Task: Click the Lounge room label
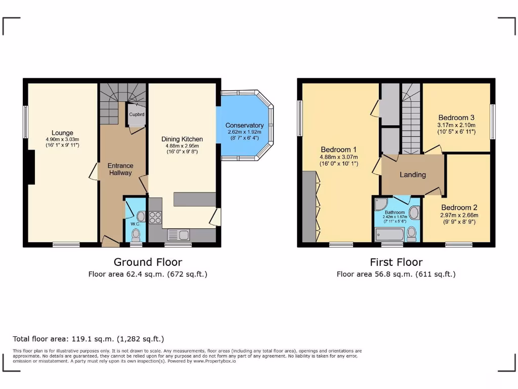(62, 133)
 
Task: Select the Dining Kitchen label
(182, 139)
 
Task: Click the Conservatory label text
(244, 126)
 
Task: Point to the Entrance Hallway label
(120, 169)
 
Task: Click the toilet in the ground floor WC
(136, 235)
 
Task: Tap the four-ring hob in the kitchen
(154, 217)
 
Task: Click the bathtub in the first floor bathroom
(390, 234)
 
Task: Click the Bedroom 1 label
(338, 150)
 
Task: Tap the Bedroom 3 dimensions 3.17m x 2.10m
(456, 125)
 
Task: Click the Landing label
(413, 175)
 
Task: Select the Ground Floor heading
(148, 262)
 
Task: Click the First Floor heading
(396, 262)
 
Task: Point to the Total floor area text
(89, 339)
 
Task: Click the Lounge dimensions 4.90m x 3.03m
(62, 139)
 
